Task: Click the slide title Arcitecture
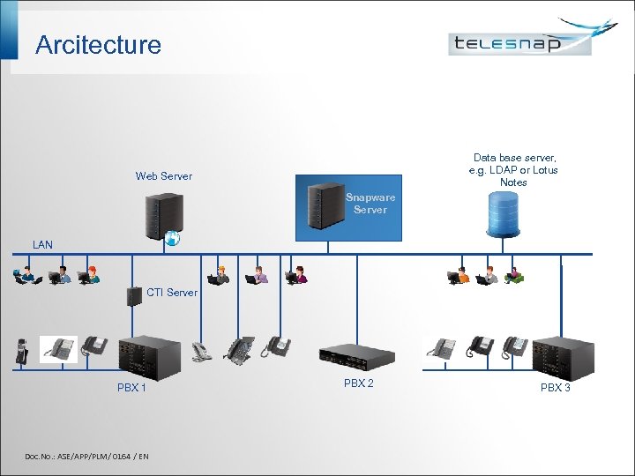coord(98,45)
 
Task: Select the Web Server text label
coord(163,176)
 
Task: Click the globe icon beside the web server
coord(173,236)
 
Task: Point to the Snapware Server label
coord(370,204)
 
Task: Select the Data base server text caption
coord(514,169)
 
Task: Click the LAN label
coord(42,244)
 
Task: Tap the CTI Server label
coord(171,292)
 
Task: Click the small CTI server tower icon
coord(134,295)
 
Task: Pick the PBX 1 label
coord(132,388)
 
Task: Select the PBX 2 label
coord(359,383)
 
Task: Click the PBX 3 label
coord(556,388)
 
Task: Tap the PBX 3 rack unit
coord(556,356)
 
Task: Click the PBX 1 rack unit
coord(149,356)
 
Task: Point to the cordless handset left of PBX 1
coord(23,350)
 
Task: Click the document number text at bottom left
coord(86,456)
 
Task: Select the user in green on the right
coord(514,276)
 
